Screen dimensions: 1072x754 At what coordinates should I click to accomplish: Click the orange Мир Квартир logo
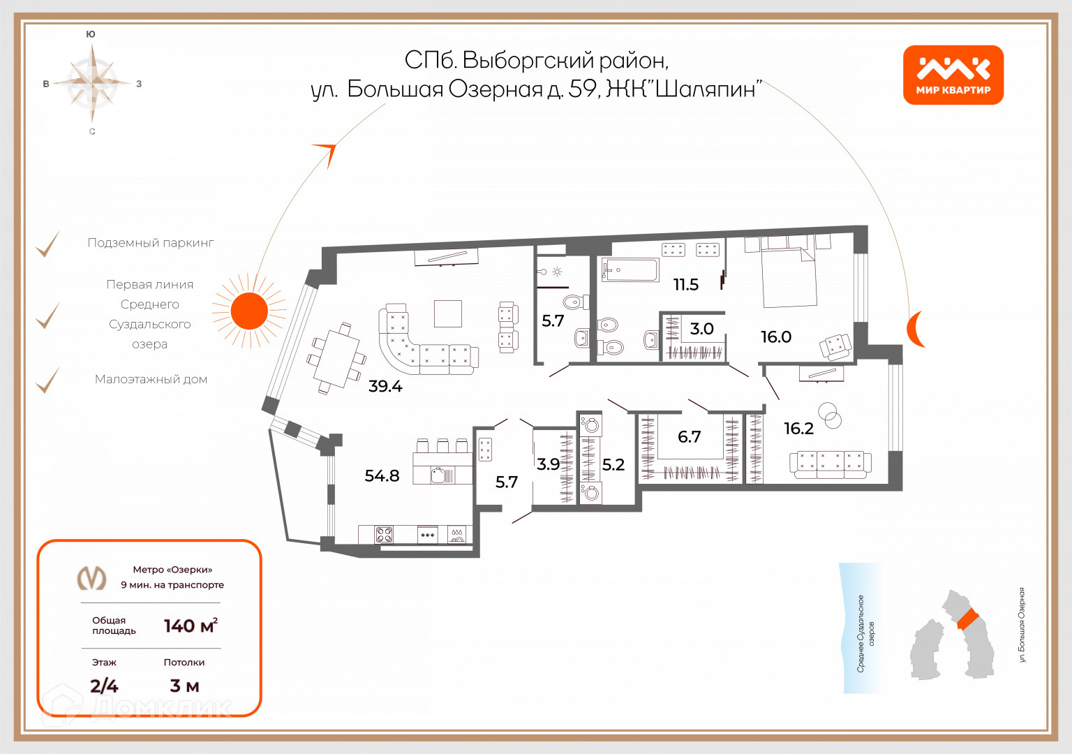tap(953, 75)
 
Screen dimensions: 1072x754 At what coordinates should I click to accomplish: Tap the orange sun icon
tap(249, 311)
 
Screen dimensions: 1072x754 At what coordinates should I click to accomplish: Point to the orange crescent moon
tap(915, 329)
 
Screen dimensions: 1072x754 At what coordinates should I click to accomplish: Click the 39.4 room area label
tap(385, 386)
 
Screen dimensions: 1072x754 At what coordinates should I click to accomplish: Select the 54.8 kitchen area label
tap(382, 475)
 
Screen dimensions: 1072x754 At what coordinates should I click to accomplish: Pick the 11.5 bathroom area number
tap(686, 285)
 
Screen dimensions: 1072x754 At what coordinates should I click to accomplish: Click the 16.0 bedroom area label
tap(776, 337)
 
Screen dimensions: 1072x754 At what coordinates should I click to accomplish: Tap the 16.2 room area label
tap(798, 429)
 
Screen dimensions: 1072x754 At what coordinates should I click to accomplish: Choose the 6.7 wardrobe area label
tap(689, 436)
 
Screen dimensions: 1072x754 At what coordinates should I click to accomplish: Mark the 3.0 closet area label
tap(701, 329)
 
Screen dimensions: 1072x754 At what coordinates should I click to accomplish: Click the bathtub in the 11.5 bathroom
tap(630, 270)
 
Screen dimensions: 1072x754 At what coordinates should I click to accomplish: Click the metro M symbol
tap(92, 578)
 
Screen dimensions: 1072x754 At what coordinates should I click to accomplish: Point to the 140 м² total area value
tap(191, 626)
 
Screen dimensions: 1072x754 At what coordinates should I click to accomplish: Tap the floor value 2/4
tap(104, 686)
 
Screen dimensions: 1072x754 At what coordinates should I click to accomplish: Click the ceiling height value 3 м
tap(184, 686)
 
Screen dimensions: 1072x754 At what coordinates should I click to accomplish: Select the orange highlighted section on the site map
tap(968, 620)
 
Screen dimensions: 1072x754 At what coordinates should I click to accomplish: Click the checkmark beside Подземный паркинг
tap(48, 244)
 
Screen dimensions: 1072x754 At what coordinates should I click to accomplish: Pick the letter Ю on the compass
tap(91, 34)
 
